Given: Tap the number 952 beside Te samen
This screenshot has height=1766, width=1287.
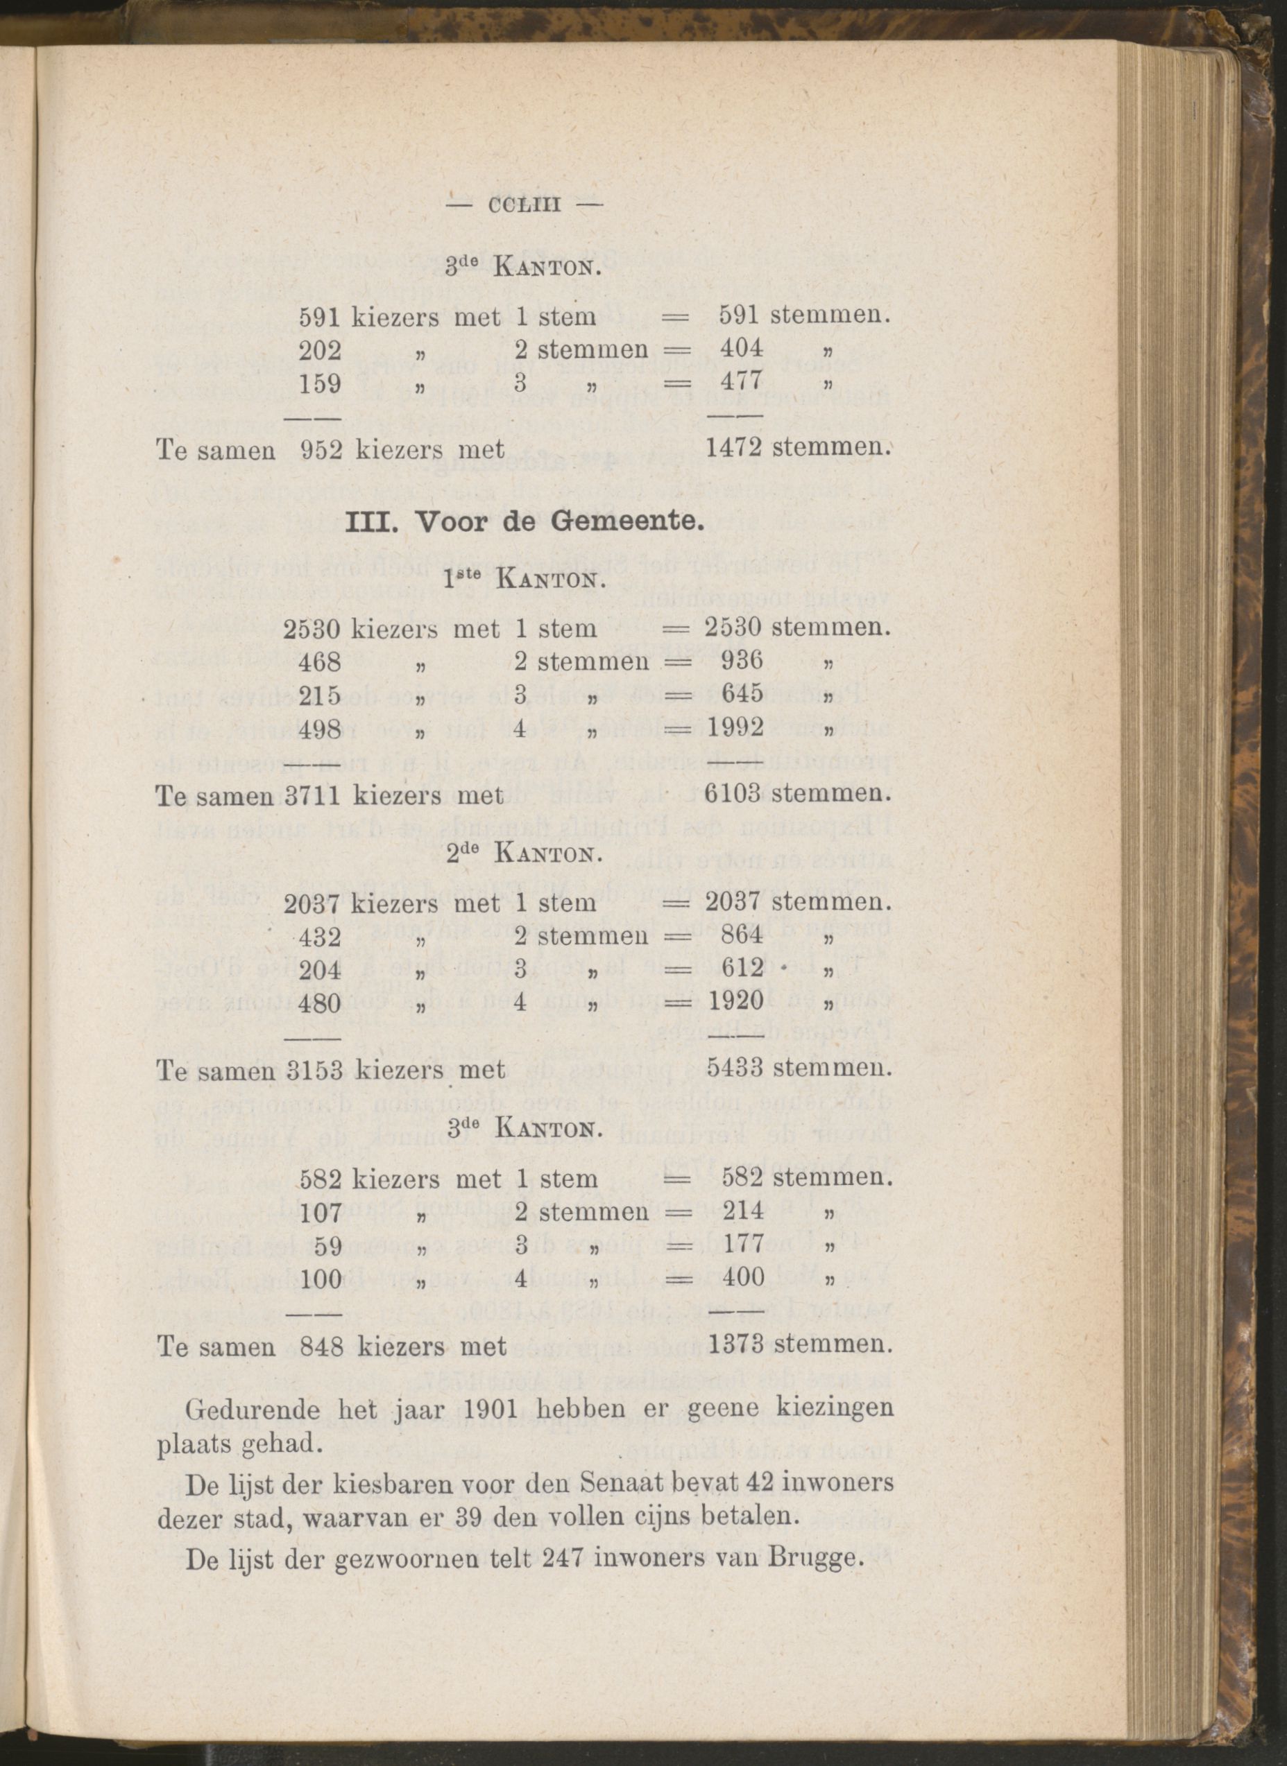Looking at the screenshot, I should coord(321,450).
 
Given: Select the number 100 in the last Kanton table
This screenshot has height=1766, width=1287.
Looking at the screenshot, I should coord(321,1278).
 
